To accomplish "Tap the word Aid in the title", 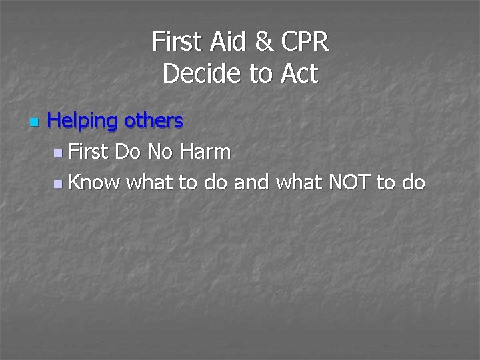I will point(226,42).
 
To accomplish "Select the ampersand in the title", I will point(265,42).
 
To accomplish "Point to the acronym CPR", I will point(305,42).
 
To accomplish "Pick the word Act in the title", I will point(299,74).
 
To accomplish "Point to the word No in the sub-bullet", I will point(159,152).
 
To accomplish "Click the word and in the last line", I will point(251,181).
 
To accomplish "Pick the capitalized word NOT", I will point(350,181).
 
